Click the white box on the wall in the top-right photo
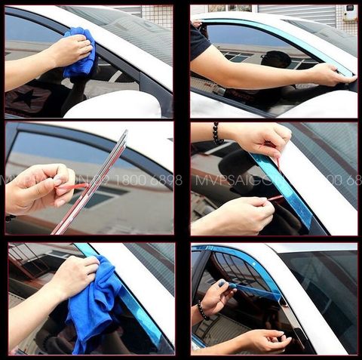[350, 13]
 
